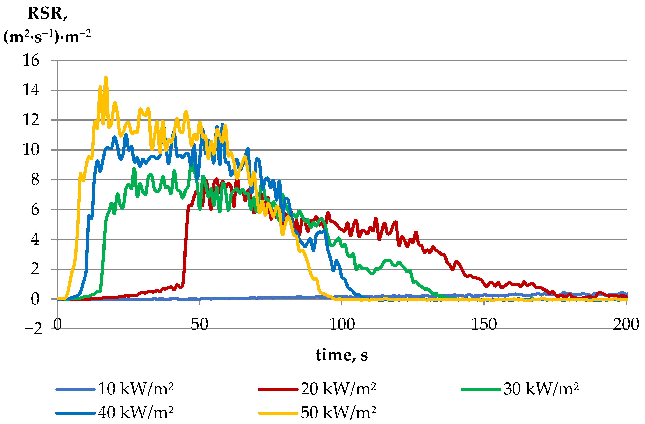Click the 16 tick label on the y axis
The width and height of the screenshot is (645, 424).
pos(31,60)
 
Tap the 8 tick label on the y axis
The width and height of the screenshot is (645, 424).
pos(35,180)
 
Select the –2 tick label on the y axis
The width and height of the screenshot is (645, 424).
pos(34,329)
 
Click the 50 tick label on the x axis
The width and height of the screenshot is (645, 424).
pos(199,324)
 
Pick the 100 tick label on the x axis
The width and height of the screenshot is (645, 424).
pos(342,324)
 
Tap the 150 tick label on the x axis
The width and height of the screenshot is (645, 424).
pos(484,324)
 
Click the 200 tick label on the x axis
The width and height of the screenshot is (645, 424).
pos(626,324)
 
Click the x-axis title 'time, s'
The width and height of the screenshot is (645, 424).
pos(342,355)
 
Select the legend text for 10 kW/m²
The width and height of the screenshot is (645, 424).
pos(135,389)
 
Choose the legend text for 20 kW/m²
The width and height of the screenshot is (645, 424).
pos(338,389)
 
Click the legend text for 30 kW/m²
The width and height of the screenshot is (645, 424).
pos(541,389)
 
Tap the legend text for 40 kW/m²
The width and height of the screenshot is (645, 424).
pos(135,413)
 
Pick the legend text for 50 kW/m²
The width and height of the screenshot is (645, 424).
pos(338,413)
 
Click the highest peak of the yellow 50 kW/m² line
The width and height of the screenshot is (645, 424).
pos(106,77)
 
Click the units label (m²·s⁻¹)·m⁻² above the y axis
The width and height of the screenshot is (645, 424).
pos(47,37)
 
